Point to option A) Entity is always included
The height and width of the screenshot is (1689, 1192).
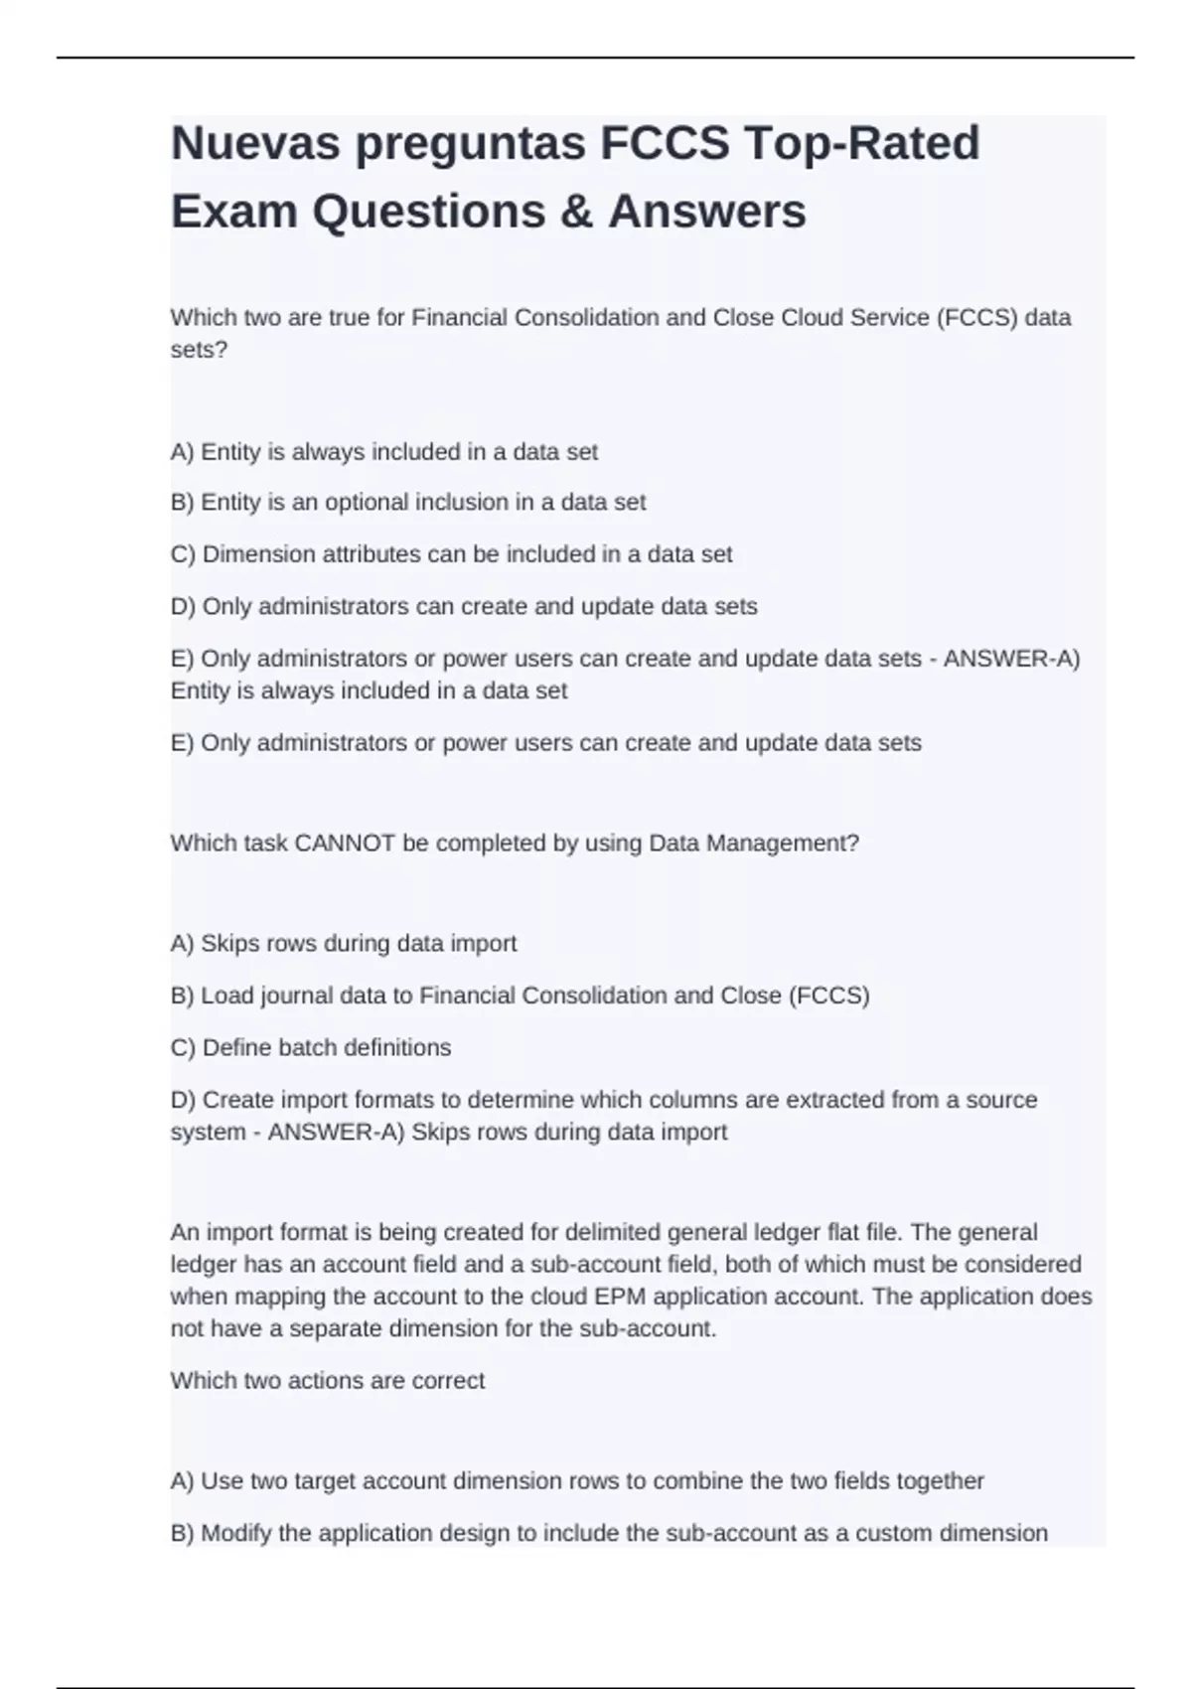pos(384,452)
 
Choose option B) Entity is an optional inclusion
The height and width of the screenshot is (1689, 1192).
pos(408,503)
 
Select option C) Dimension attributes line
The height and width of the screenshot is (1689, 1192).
pos(452,554)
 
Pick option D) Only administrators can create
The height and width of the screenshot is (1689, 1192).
pos(464,607)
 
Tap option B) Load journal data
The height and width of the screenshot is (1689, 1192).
pos(520,996)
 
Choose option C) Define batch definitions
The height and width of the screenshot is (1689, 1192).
pos(311,1048)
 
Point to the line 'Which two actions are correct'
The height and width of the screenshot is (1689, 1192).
pos(328,1381)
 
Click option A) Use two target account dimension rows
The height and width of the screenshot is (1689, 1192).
pos(577,1481)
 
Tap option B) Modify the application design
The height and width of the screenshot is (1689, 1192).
pos(609,1533)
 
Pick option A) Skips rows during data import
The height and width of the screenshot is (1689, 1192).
pos(344,944)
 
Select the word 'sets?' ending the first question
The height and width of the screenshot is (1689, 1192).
pos(199,350)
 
